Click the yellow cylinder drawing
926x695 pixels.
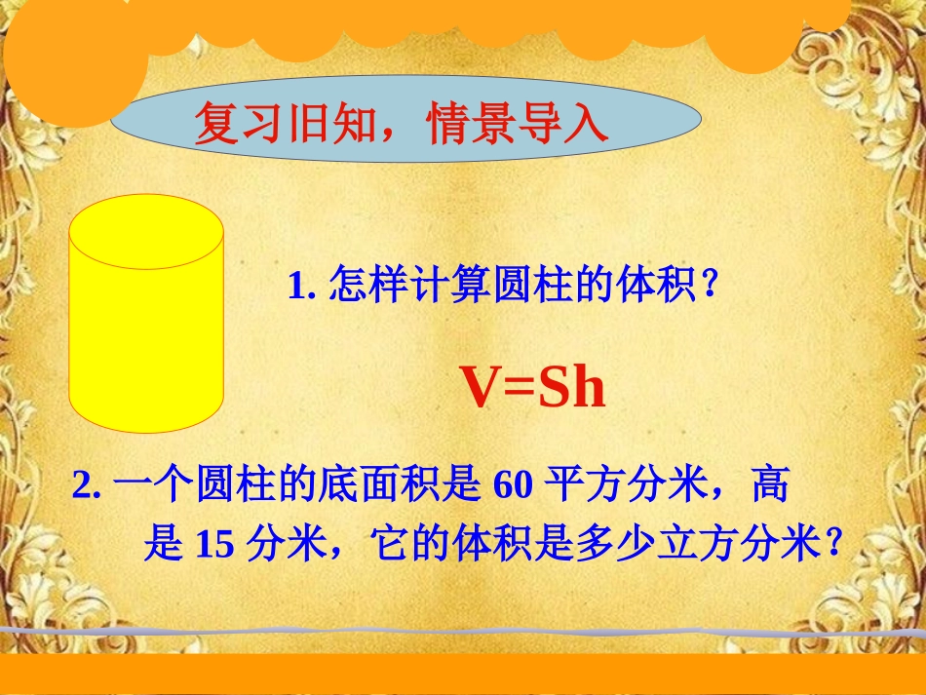coord(146,322)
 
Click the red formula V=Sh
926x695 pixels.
coord(533,388)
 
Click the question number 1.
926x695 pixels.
coord(299,287)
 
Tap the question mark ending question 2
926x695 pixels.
coord(832,545)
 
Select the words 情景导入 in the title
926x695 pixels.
coord(518,126)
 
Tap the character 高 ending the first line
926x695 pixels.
coord(770,484)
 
